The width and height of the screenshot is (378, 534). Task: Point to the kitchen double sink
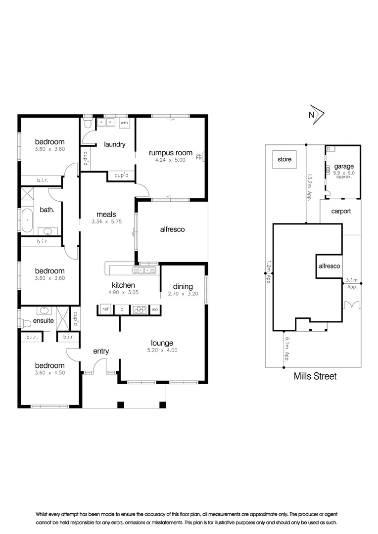144,270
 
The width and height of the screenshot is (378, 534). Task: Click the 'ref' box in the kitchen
105,310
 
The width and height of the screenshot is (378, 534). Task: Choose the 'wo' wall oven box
154,310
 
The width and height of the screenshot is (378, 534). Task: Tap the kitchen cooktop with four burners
139,310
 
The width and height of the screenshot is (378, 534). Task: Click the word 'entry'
101,351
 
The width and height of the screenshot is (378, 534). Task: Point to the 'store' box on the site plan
284,160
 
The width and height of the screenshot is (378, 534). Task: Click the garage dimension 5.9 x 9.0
343,174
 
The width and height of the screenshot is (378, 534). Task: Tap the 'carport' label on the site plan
341,211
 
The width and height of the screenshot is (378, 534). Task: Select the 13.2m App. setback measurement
309,185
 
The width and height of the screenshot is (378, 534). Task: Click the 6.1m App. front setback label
287,349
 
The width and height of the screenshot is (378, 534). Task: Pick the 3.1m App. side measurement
352,283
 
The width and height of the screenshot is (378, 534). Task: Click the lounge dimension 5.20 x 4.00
162,350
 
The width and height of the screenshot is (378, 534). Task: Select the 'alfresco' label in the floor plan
172,229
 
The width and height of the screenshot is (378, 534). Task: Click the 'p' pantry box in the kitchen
121,310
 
